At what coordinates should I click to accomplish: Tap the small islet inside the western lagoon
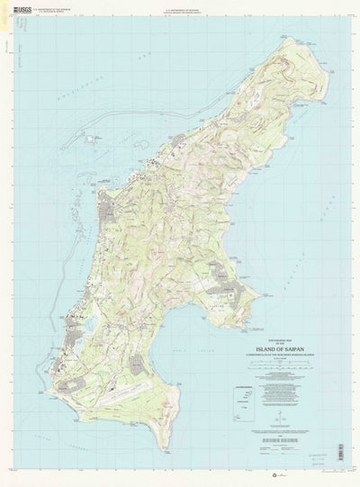click(91, 139)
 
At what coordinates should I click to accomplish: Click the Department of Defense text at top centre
click(180, 5)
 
